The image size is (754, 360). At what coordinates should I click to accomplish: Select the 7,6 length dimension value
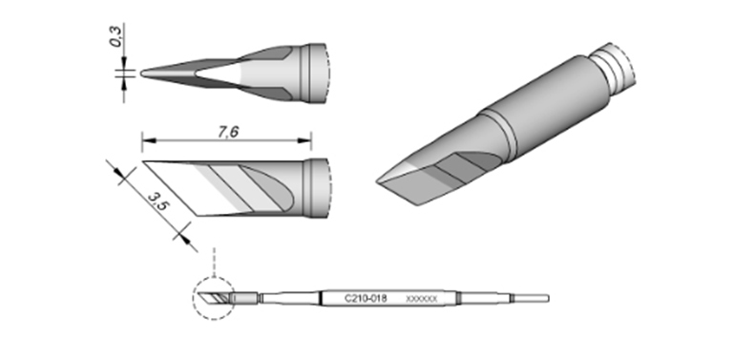228,132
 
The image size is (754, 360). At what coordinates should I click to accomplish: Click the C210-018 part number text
366,299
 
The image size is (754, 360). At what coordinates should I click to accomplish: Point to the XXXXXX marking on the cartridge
422,299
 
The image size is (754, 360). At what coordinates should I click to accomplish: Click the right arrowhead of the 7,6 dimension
304,140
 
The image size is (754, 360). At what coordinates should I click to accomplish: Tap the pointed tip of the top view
142,74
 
